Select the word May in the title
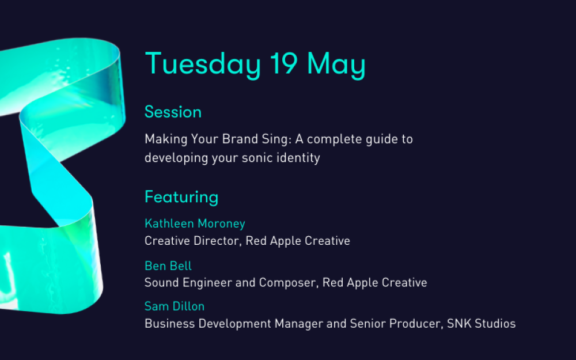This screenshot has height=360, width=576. pyautogui.click(x=336, y=65)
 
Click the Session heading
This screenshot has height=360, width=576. pyautogui.click(x=173, y=112)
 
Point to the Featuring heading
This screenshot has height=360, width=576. pyautogui.click(x=181, y=198)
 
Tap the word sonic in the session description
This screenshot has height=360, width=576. pyautogui.click(x=257, y=158)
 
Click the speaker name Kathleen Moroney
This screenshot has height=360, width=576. pyautogui.click(x=195, y=223)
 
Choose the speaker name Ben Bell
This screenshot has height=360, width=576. pyautogui.click(x=168, y=266)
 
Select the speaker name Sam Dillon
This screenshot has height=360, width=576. pyautogui.click(x=175, y=306)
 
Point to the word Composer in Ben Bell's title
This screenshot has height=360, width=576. pyautogui.click(x=289, y=283)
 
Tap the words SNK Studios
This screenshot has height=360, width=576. pyautogui.click(x=481, y=324)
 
